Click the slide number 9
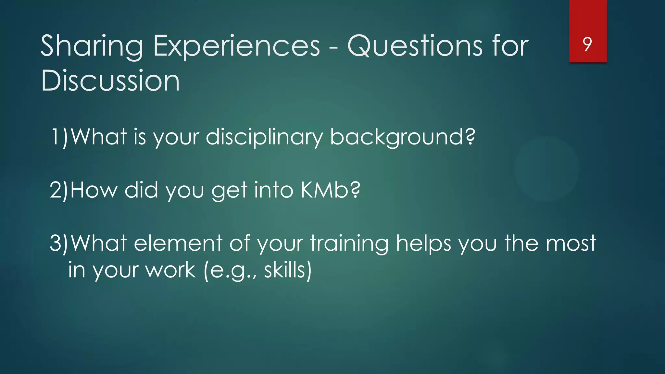point(587,44)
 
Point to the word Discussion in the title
point(110,81)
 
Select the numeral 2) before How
point(59,190)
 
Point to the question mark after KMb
point(356,190)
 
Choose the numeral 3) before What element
point(59,243)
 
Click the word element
point(178,243)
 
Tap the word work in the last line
point(170,270)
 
